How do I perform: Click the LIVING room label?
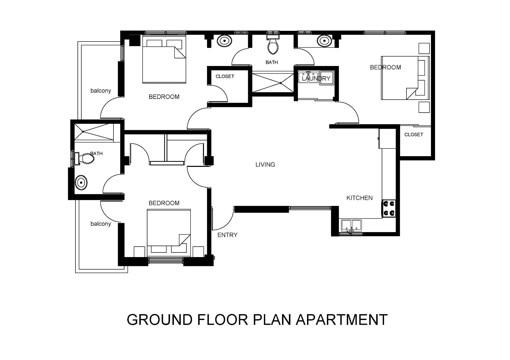[x=265, y=165]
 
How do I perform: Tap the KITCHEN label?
[x=359, y=198]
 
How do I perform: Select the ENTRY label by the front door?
[x=227, y=235]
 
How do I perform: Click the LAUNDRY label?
[x=316, y=78]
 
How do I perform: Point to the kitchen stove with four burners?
[x=389, y=208]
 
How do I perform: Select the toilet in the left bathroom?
[x=84, y=159]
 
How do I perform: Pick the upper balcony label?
[x=101, y=91]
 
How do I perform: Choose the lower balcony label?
[x=101, y=224]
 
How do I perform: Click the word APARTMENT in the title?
[x=342, y=319]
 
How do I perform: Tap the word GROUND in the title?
[x=160, y=319]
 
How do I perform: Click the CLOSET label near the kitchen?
[x=414, y=135]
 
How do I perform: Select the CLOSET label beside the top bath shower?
[x=225, y=76]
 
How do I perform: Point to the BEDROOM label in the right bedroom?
[x=385, y=67]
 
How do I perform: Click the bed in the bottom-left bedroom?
[x=169, y=233]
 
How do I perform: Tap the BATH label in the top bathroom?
[x=272, y=62]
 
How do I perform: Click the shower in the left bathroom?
[x=94, y=132]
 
